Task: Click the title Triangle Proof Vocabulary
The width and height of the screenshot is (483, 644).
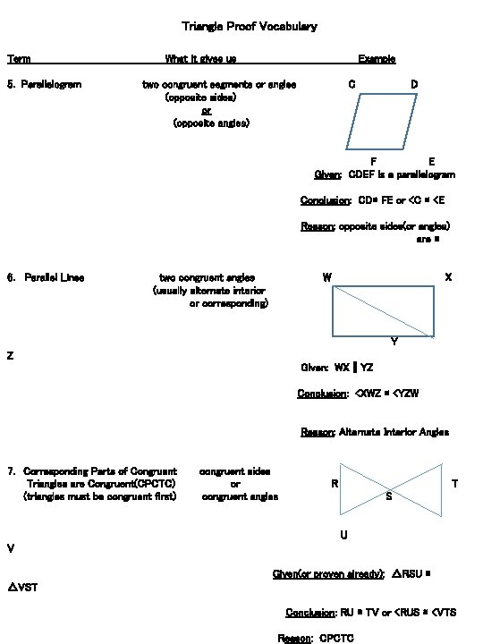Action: pyautogui.click(x=249, y=27)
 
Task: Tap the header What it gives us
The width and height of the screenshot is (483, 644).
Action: pyautogui.click(x=200, y=59)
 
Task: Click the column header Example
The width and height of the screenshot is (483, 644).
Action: pyautogui.click(x=377, y=59)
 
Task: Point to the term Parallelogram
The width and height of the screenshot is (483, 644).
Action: pyautogui.click(x=51, y=84)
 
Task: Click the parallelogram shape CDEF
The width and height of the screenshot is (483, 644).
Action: pyautogui.click(x=382, y=121)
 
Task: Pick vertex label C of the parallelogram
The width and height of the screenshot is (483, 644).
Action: pyautogui.click(x=352, y=84)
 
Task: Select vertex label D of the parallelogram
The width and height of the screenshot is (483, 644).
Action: pyautogui.click(x=414, y=84)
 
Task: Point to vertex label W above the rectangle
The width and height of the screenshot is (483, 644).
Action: pyautogui.click(x=327, y=277)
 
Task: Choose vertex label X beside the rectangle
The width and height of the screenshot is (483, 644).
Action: pyautogui.click(x=448, y=277)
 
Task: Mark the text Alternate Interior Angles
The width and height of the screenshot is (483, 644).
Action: pyautogui.click(x=394, y=432)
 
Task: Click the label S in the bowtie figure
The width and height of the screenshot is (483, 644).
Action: pyautogui.click(x=388, y=496)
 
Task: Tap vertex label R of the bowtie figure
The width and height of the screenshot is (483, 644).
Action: pyautogui.click(x=334, y=484)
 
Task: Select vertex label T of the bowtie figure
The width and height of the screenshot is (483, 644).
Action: pyautogui.click(x=455, y=484)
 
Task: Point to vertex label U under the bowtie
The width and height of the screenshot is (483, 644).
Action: pyautogui.click(x=343, y=535)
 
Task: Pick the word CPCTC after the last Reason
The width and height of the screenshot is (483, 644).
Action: pyautogui.click(x=336, y=638)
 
